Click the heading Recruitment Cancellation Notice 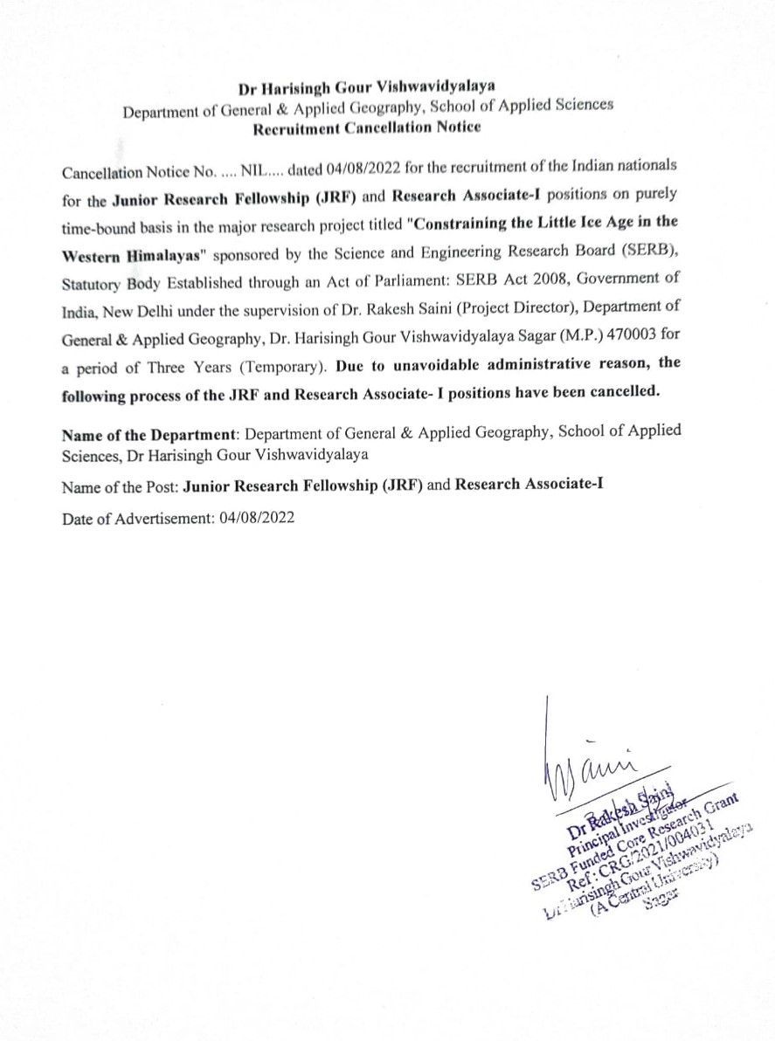pos(366,128)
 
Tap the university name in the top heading pos(367,87)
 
